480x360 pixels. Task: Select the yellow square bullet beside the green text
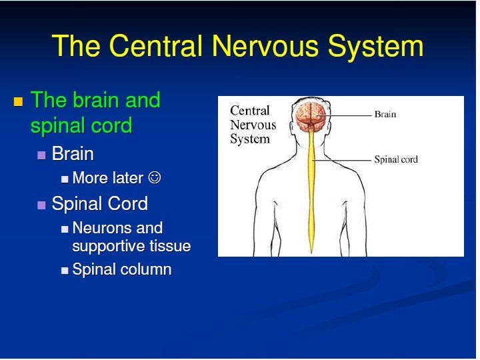point(18,102)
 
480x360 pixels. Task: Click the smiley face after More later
point(155,178)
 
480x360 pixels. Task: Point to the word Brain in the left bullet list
point(73,154)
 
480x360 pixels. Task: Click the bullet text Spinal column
point(122,270)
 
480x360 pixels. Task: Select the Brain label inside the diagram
point(385,114)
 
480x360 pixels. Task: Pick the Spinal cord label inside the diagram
point(396,159)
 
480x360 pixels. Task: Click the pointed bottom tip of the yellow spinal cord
point(311,251)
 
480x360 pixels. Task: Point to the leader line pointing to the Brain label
point(347,115)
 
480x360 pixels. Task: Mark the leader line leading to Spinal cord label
point(343,159)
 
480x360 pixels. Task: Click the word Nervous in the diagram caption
point(253,125)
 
